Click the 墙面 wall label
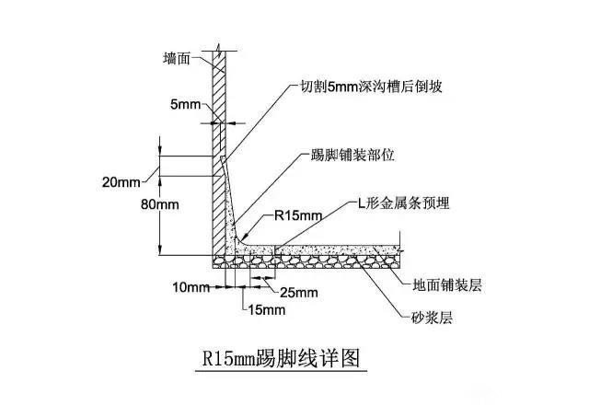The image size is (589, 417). (x=177, y=59)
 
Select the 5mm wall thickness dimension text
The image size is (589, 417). (x=186, y=104)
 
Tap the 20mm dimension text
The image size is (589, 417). (x=121, y=182)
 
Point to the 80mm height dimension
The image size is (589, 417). (x=160, y=204)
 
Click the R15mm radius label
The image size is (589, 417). (x=298, y=215)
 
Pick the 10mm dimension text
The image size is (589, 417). (x=191, y=287)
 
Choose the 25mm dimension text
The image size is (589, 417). (x=299, y=293)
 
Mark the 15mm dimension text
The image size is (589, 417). (x=267, y=310)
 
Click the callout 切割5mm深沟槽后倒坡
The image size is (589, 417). (x=371, y=87)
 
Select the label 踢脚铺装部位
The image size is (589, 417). (x=352, y=155)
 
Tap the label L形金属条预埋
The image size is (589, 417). (x=403, y=203)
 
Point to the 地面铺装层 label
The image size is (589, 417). (x=447, y=285)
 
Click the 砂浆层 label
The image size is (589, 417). (x=432, y=319)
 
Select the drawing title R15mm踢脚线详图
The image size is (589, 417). (x=281, y=358)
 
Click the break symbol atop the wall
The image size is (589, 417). (x=220, y=48)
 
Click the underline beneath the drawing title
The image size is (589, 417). (x=281, y=371)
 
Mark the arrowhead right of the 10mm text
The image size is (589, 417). (x=220, y=287)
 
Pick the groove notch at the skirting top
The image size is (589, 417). (x=223, y=159)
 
